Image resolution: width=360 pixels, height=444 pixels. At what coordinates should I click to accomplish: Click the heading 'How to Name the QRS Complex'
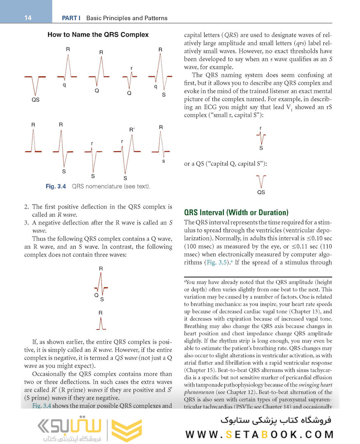tap(98, 35)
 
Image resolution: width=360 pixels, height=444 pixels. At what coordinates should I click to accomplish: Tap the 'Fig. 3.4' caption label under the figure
tap(56, 187)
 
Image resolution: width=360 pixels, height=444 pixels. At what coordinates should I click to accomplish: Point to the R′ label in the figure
tap(132, 130)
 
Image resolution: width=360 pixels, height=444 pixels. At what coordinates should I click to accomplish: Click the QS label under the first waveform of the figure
tap(35, 100)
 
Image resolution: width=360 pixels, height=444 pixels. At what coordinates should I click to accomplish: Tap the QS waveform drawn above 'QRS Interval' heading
tap(261, 181)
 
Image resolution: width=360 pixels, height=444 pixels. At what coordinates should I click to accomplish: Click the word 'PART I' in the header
tap(71, 18)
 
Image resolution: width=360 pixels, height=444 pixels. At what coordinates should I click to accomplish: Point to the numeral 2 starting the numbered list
tap(27, 206)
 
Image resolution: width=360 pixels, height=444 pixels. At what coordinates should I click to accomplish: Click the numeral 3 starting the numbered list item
tap(27, 223)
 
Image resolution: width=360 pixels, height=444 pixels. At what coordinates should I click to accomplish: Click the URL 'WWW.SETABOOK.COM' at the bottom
tap(259, 434)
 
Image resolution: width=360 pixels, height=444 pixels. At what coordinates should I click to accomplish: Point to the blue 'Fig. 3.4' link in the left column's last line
tap(40, 406)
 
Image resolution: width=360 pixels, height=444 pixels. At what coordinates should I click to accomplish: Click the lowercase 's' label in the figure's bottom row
tap(164, 161)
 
